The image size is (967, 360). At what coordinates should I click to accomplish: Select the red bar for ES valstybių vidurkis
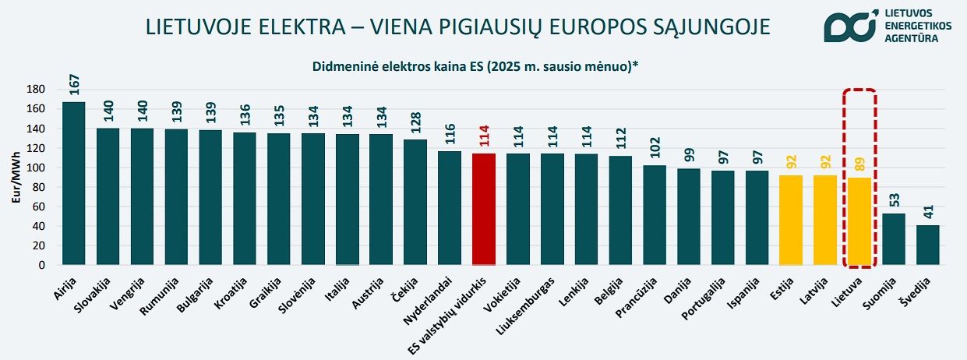click(x=484, y=210)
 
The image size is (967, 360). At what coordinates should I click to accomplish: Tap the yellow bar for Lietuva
click(x=859, y=221)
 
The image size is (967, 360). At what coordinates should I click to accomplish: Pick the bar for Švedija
click(x=927, y=245)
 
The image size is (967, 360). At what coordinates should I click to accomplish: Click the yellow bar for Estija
click(x=791, y=220)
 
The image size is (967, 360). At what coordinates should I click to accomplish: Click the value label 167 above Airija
click(x=75, y=85)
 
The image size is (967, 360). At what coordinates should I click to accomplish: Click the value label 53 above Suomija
click(x=895, y=200)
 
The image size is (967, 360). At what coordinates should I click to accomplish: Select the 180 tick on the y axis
click(x=36, y=90)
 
